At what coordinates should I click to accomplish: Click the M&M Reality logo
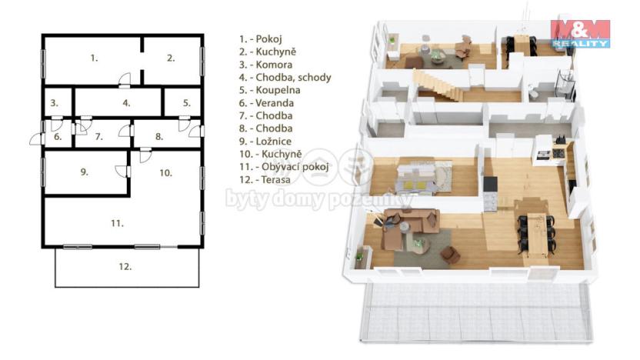tap(579, 34)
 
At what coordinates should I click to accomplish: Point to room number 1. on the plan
tap(93, 58)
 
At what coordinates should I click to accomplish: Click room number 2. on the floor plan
tap(171, 58)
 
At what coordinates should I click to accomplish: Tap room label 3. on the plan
tap(54, 102)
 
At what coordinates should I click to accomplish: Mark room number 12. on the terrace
tap(125, 267)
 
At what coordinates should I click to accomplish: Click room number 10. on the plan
tap(165, 173)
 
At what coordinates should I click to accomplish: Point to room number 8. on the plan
tap(159, 137)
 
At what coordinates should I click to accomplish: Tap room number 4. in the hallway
tap(126, 102)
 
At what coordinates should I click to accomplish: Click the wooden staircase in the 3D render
tap(435, 80)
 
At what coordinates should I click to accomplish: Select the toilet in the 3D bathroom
tap(533, 92)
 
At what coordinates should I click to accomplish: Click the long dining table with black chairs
tap(535, 226)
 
